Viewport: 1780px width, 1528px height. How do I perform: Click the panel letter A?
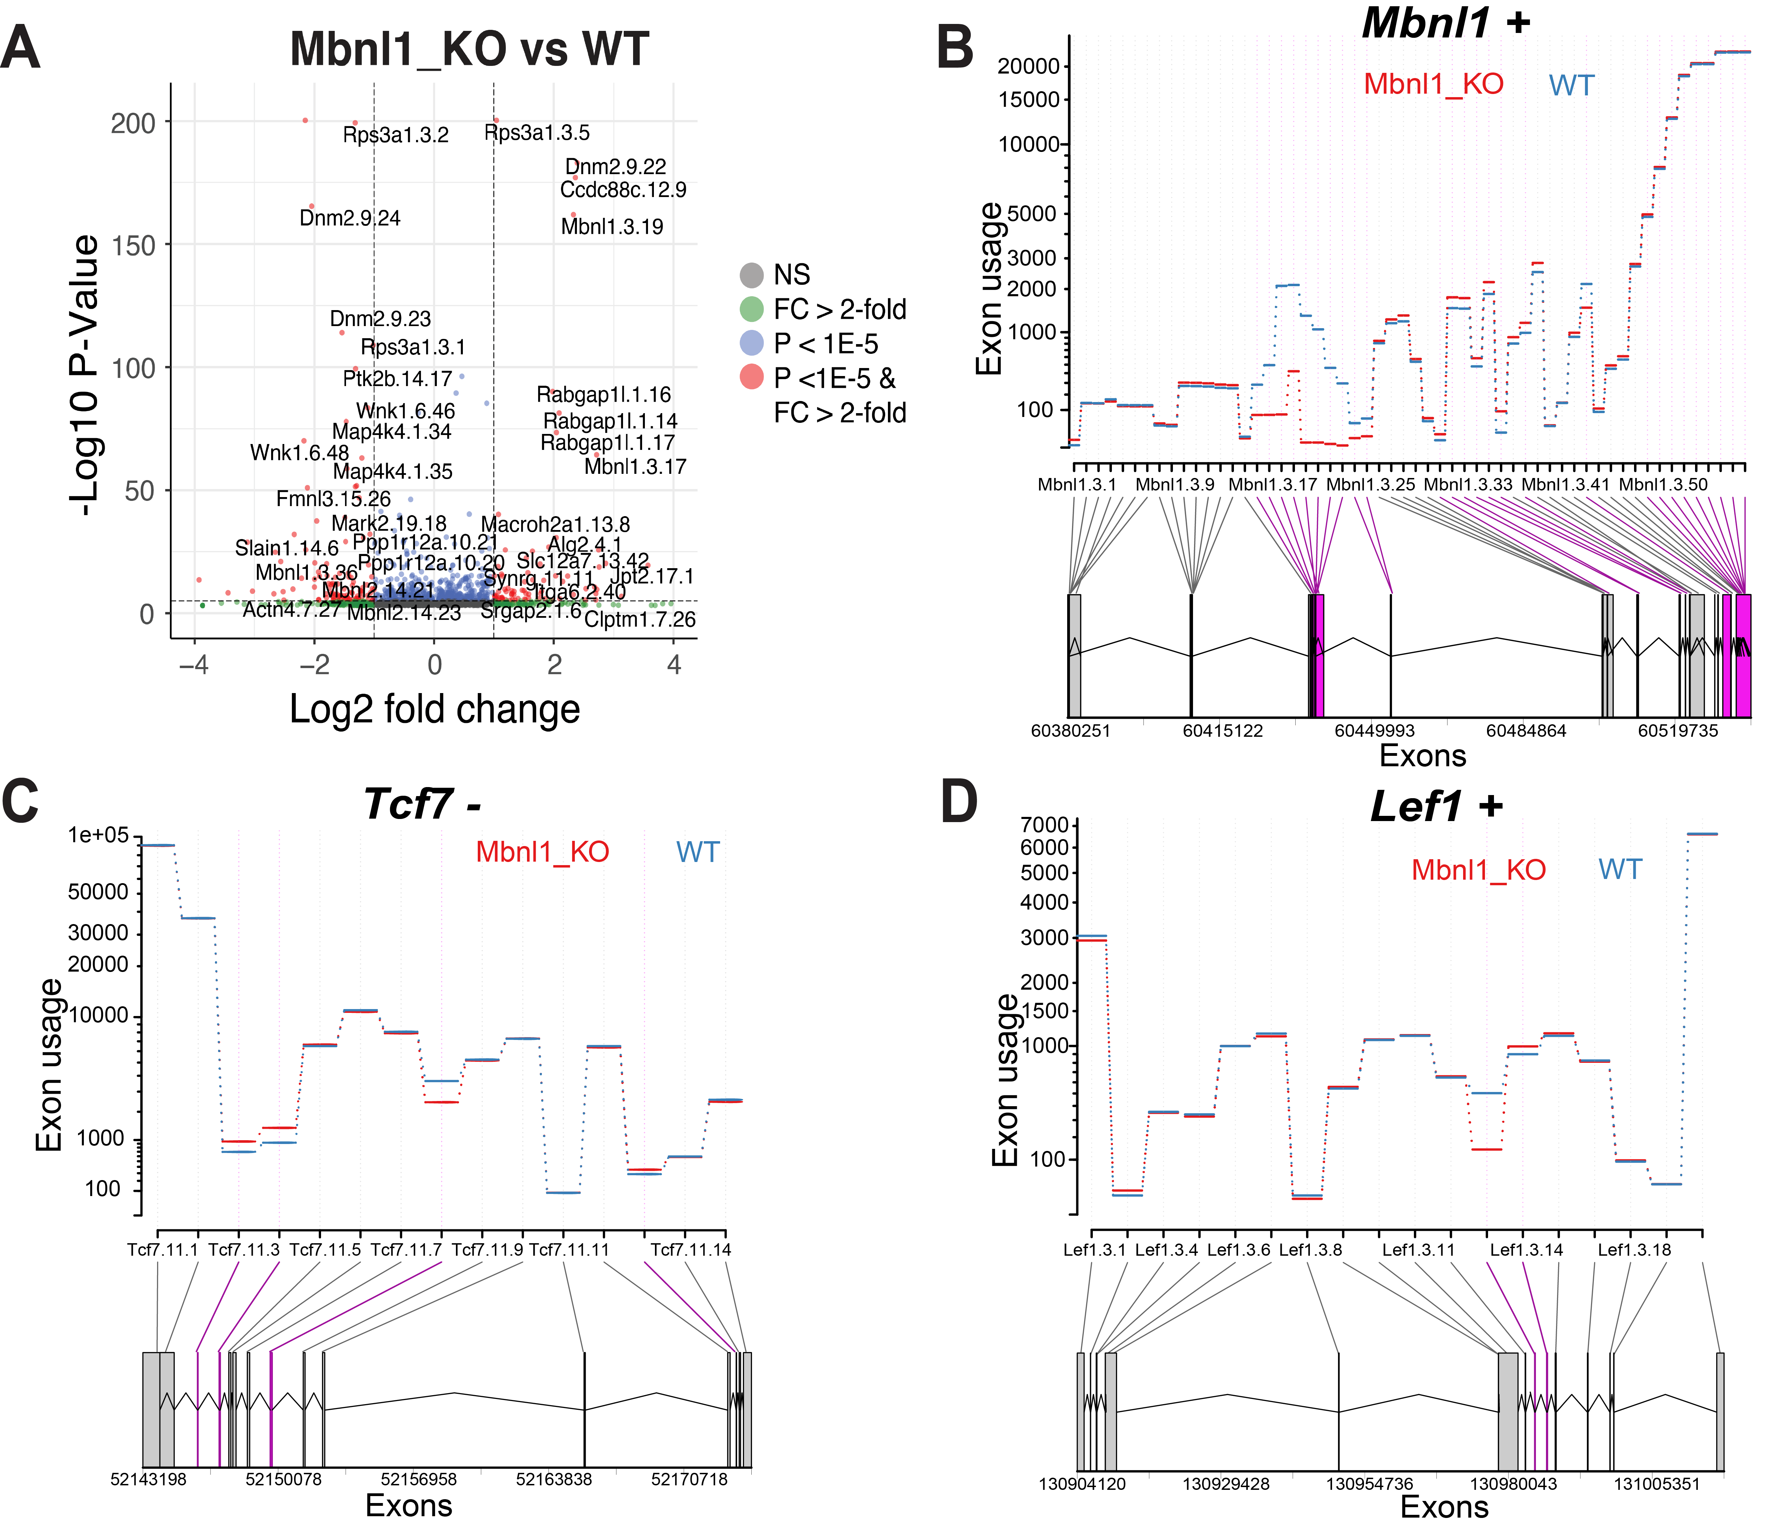[20, 49]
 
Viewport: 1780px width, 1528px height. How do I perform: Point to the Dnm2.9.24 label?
[349, 218]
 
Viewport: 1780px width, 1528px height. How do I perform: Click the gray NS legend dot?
[752, 275]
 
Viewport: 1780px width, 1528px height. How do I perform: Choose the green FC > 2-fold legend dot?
[752, 309]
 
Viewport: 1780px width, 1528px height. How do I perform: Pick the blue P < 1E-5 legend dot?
[752, 344]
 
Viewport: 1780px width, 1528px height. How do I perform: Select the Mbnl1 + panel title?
[1446, 22]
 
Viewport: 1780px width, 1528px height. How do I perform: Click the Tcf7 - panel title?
[422, 804]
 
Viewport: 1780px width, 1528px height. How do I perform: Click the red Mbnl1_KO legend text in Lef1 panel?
[1478, 871]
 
